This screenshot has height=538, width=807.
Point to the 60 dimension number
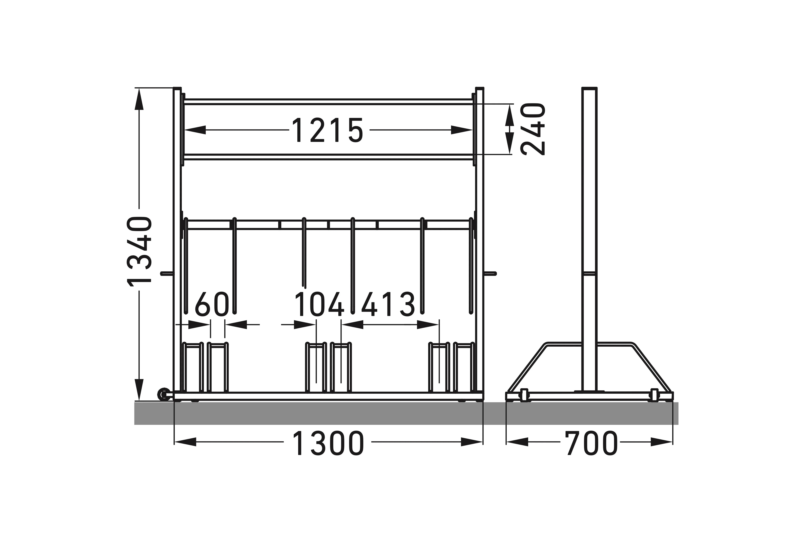(212, 304)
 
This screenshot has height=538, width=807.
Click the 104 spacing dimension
(319, 304)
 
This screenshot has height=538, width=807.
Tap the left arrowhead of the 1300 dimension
(185, 442)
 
